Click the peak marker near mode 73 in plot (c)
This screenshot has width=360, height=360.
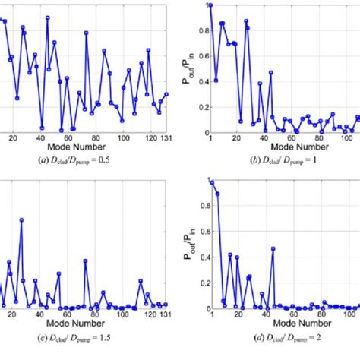(85, 261)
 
